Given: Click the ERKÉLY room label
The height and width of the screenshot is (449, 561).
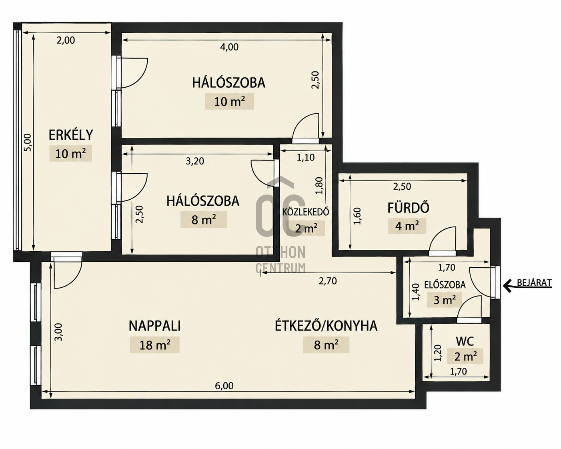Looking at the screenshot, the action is click(71, 135).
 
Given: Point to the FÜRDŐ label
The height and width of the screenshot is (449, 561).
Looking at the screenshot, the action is click(408, 208).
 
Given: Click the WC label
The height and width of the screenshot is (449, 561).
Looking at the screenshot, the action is click(465, 341).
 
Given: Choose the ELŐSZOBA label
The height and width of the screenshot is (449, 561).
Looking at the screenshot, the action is click(445, 285).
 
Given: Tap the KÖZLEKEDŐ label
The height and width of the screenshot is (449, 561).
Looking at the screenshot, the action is click(306, 212).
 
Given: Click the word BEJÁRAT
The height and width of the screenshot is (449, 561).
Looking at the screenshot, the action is click(535, 283).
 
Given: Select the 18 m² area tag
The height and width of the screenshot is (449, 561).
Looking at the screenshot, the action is click(154, 345).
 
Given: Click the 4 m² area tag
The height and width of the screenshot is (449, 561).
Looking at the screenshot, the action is click(407, 226).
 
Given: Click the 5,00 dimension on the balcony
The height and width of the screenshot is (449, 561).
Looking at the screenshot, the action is click(28, 142).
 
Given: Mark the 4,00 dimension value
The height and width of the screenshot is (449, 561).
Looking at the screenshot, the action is click(229, 47).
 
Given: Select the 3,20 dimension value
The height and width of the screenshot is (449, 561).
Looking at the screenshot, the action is click(195, 161).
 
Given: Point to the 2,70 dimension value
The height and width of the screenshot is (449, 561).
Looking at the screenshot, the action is click(328, 281).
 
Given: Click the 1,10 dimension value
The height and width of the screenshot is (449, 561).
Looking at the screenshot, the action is click(306, 158).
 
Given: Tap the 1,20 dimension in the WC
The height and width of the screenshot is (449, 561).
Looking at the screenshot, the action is click(438, 353).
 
